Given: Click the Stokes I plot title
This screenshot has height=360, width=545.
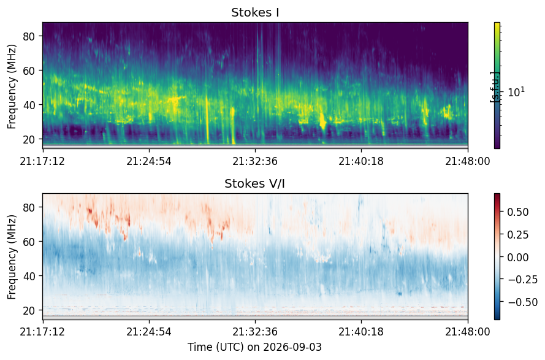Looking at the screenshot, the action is point(255,12).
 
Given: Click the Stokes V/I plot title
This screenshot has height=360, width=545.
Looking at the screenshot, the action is point(255,183).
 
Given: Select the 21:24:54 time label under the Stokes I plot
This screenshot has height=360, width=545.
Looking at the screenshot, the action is point(149,161).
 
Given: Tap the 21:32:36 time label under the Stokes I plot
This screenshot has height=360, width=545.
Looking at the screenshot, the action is point(255,161).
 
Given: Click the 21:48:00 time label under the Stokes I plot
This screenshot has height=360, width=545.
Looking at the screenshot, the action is point(468,161).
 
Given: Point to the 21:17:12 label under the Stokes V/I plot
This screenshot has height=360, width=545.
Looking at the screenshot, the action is point(42,332).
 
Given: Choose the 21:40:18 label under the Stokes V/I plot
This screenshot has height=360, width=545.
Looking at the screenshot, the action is point(361,332).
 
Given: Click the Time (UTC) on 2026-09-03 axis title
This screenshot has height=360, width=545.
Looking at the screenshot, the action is point(255,347).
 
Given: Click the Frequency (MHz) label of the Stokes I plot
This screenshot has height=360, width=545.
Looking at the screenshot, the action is point(12,86).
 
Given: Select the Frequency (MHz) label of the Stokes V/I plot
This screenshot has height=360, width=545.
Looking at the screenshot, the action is point(12,257).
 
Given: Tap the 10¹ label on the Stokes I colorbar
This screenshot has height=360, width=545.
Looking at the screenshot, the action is point(516,92).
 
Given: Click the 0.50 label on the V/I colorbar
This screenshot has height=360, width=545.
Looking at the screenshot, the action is point(518,212).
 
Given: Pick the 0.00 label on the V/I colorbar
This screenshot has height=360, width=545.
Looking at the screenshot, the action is point(518,258).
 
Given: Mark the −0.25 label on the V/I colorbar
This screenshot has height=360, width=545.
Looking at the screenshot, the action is point(522,280).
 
